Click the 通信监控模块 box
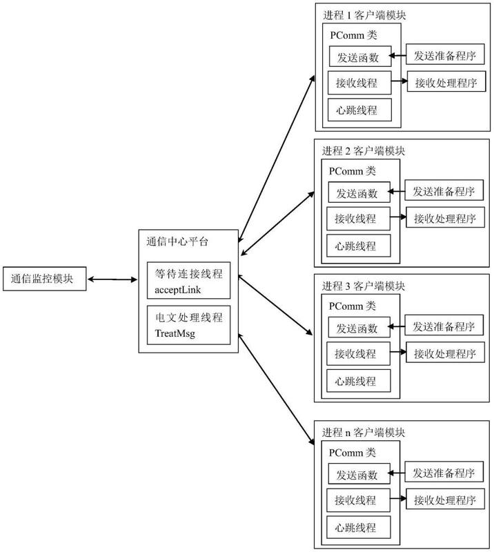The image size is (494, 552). click(x=45, y=279)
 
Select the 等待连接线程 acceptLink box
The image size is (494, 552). click(x=189, y=280)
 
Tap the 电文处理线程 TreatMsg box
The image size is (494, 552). click(x=189, y=325)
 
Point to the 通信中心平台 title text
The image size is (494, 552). click(x=177, y=242)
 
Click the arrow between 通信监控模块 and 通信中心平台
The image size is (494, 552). click(x=112, y=279)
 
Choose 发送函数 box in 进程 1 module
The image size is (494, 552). click(x=360, y=57)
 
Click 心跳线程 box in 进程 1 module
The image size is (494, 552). click(x=359, y=110)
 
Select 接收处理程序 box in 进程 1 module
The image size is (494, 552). click(x=446, y=81)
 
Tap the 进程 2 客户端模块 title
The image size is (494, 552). click(x=364, y=151)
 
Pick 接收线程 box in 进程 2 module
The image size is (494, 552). click(x=359, y=219)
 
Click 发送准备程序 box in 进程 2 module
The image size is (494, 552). click(x=444, y=190)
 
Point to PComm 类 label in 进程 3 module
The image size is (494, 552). click(x=352, y=306)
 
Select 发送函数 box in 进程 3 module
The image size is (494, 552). click(x=359, y=327)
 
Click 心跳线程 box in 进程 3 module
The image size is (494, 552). click(x=359, y=381)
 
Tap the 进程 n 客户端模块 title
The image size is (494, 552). click(x=364, y=433)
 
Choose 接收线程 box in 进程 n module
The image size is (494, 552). click(x=359, y=500)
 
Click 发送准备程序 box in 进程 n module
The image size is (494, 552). click(x=444, y=472)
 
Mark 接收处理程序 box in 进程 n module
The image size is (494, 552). click(x=446, y=499)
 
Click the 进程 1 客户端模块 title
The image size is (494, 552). click(x=364, y=15)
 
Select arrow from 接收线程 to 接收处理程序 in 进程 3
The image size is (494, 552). click(x=398, y=352)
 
